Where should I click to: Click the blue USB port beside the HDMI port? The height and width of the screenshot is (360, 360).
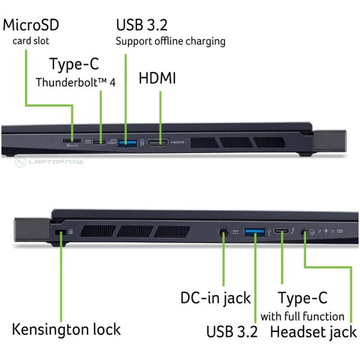pyautogui.click(x=127, y=142)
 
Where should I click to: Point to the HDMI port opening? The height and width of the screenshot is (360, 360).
pyautogui.click(x=158, y=142)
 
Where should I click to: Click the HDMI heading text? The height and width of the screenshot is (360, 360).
pyautogui.click(x=157, y=78)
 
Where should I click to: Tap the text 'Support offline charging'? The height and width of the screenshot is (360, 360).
pyautogui.click(x=170, y=41)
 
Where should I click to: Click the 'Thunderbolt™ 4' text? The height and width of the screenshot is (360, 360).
pyautogui.click(x=75, y=82)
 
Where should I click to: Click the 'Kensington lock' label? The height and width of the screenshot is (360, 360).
pyautogui.click(x=66, y=329)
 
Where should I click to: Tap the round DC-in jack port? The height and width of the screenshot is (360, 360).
pyautogui.click(x=224, y=232)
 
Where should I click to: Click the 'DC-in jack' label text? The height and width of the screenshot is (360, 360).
pyautogui.click(x=215, y=298)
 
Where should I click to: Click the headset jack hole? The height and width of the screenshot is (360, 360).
pyautogui.click(x=305, y=231)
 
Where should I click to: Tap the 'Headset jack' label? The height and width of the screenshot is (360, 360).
pyautogui.click(x=313, y=331)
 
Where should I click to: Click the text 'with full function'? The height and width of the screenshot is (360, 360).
pyautogui.click(x=302, y=316)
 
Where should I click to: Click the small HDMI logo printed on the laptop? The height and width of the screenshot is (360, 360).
pyautogui.click(x=178, y=143)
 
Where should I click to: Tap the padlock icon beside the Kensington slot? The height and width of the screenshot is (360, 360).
pyautogui.click(x=70, y=230)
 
